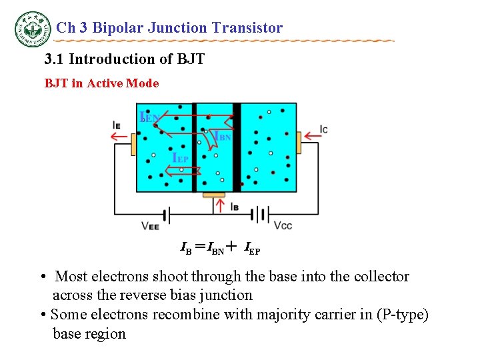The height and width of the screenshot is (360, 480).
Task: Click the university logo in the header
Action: (33, 28)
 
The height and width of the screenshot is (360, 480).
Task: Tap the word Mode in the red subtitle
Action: (146, 83)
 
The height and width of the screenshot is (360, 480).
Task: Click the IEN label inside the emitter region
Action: (149, 118)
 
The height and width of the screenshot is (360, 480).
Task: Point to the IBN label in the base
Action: (222, 136)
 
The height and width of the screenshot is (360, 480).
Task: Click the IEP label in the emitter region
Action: (180, 159)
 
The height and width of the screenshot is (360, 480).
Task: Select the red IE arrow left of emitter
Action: (120, 137)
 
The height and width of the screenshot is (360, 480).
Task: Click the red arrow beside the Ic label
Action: (313, 136)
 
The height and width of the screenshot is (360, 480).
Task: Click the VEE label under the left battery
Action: (150, 226)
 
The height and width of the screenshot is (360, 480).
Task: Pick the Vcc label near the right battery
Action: (283, 225)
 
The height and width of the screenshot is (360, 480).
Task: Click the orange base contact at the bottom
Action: (215, 195)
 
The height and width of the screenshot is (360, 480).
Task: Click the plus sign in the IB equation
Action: (231, 248)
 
